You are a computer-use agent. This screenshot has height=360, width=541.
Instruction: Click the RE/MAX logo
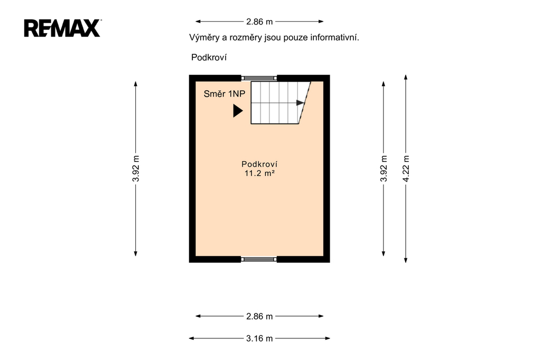62,28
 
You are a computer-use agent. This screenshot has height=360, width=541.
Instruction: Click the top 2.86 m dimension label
259,22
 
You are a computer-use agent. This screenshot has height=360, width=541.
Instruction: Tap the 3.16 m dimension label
259,338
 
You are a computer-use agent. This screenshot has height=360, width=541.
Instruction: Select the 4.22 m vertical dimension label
406,168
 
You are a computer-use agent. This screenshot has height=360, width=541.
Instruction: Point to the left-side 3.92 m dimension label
136,168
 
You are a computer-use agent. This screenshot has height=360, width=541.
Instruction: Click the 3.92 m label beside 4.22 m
384,168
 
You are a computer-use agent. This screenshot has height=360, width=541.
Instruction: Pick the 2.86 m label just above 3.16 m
259,316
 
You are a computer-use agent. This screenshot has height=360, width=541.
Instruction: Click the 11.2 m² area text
259,173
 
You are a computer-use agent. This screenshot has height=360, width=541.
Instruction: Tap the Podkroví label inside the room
259,164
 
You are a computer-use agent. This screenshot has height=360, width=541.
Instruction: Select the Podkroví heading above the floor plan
209,57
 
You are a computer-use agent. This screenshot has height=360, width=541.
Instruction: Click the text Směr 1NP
224,94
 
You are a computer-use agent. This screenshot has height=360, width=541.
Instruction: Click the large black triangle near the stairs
238,111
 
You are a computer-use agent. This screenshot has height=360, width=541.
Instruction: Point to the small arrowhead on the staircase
300,103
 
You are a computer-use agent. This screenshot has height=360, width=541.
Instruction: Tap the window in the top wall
259,78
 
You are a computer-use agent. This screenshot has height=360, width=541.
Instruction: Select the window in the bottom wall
259,259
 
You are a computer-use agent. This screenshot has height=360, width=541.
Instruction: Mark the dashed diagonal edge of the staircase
305,103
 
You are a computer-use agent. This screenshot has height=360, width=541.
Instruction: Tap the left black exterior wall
192,168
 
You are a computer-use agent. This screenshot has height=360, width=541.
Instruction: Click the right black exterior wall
327,168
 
